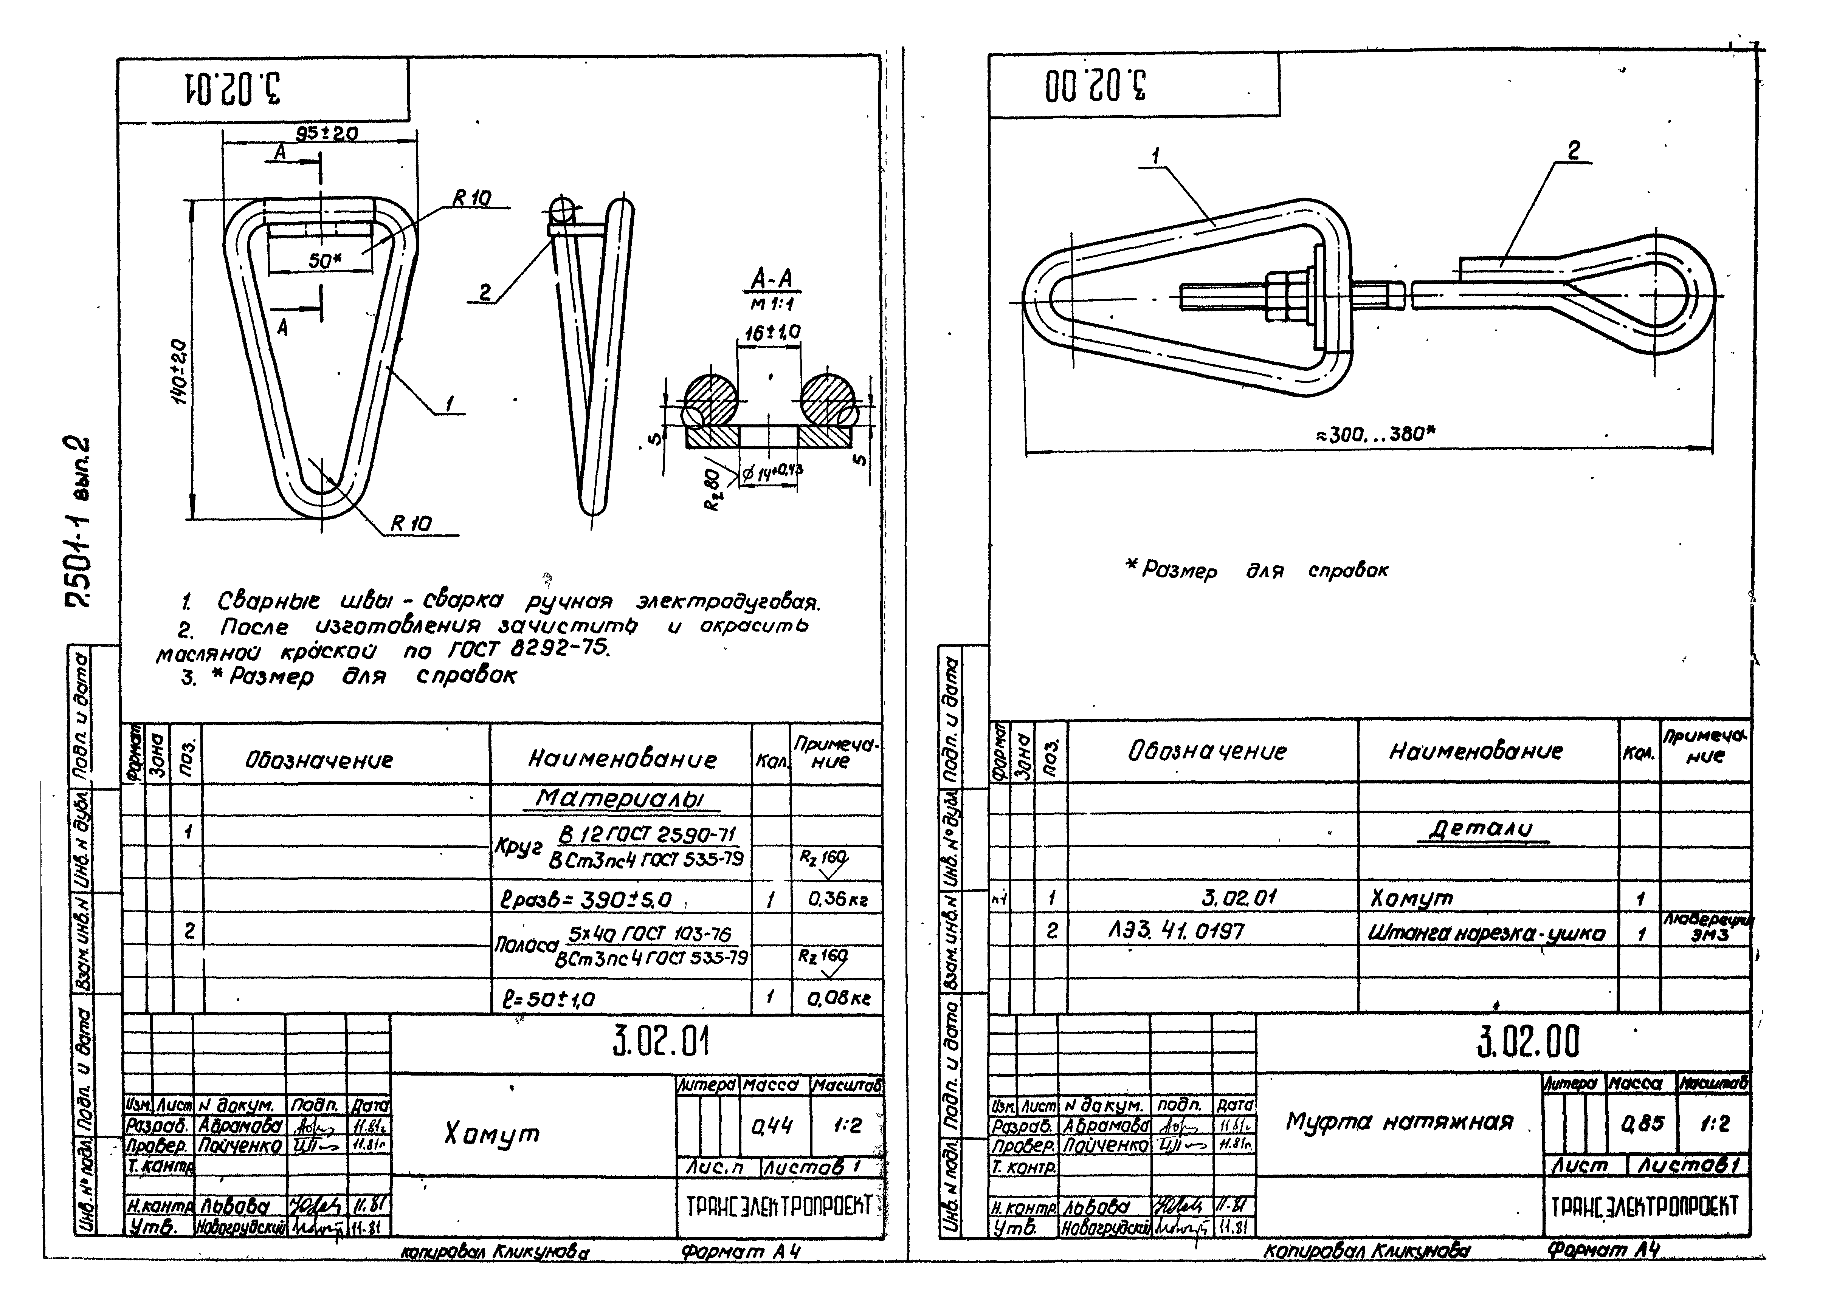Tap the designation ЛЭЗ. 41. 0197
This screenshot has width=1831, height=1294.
(1176, 930)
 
